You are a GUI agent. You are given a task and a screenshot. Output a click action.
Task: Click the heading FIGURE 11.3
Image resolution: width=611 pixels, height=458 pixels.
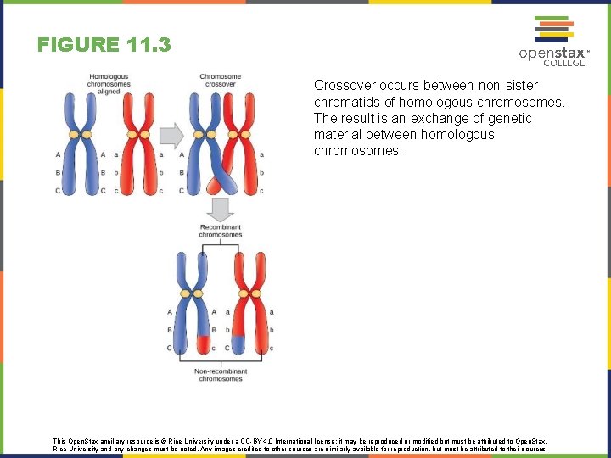[104, 44]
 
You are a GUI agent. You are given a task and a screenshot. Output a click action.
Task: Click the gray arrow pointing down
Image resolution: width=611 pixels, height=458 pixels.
[221, 209]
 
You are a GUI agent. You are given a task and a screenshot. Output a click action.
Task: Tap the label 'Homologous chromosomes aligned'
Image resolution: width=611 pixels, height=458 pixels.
[109, 83]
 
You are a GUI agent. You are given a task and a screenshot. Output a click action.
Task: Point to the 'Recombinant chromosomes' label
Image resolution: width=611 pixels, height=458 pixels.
[221, 231]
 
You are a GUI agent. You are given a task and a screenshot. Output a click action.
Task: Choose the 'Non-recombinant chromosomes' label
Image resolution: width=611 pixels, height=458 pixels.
[220, 374]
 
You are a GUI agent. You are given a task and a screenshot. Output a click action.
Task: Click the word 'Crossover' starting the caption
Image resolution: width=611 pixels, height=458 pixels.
[341, 86]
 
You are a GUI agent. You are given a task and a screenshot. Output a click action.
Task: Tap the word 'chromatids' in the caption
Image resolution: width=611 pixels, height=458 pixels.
[344, 102]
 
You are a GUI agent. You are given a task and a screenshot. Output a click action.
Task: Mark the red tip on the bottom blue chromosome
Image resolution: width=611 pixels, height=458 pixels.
[203, 343]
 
